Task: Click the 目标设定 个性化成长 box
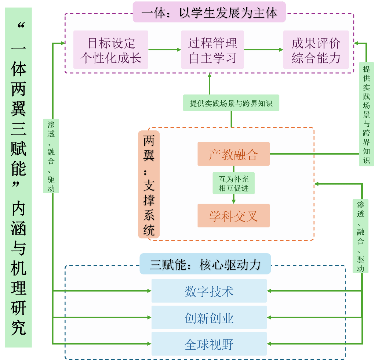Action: tap(111, 50)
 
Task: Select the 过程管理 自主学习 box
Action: tap(212, 50)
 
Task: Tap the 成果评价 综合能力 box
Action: tap(316, 50)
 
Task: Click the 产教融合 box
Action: tap(233, 154)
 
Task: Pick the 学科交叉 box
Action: tap(233, 216)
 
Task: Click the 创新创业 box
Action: tap(209, 317)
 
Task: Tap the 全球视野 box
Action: tap(209, 344)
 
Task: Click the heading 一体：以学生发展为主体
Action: tap(209, 13)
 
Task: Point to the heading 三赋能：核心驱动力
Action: tap(205, 264)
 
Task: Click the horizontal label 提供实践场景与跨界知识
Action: tap(231, 103)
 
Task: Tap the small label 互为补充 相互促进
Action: tap(233, 184)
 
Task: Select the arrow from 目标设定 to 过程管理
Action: tap(165, 50)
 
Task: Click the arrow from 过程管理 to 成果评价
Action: tap(263, 50)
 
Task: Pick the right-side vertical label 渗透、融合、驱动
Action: tap(361, 236)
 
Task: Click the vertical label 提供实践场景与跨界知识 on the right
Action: tap(367, 114)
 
